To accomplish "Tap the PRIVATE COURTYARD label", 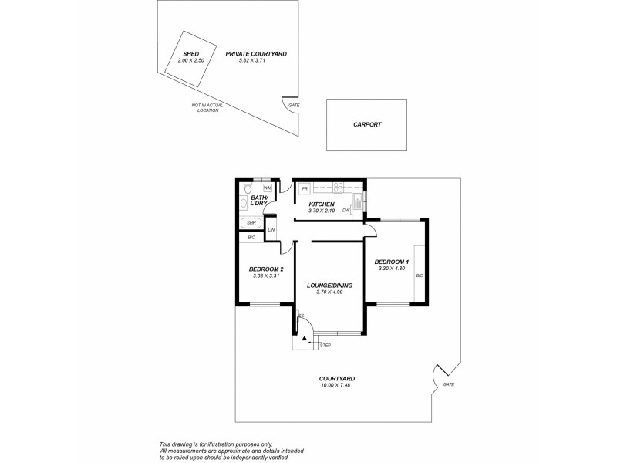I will pyautogui.click(x=256, y=54).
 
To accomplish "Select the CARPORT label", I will pyautogui.click(x=367, y=124).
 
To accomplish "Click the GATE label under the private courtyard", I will pyautogui.click(x=293, y=105).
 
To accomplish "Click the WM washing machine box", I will pyautogui.click(x=268, y=188).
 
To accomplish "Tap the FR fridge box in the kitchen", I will pyautogui.click(x=305, y=188).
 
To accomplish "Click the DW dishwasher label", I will pyautogui.click(x=346, y=210).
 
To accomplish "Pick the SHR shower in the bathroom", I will pyautogui.click(x=251, y=223).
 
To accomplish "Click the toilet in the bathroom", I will pyautogui.click(x=247, y=189).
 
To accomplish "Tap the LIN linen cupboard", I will pyautogui.click(x=271, y=230).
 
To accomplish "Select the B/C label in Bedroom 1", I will pyautogui.click(x=420, y=275).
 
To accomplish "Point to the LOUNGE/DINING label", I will pyautogui.click(x=329, y=286).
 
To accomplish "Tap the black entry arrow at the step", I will pyautogui.click(x=305, y=338).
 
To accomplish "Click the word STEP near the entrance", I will pyautogui.click(x=325, y=345).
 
